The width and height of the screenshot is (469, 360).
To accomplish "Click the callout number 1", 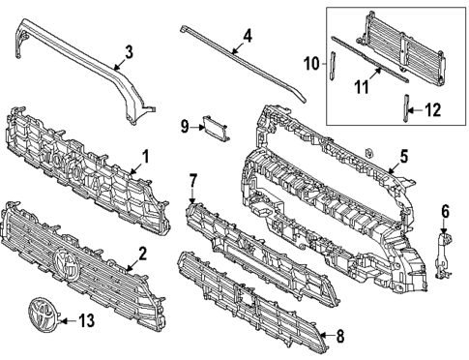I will tap(146, 155).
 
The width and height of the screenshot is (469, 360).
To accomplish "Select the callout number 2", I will tap(143, 254).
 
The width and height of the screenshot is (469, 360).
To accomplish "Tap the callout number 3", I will tap(129, 51).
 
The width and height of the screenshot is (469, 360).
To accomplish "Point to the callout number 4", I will tap(248, 37).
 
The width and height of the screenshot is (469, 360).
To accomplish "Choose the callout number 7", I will tap(192, 180).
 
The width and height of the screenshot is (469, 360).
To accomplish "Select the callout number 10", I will tap(311, 66).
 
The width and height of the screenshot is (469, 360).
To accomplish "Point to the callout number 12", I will tap(433, 110).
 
